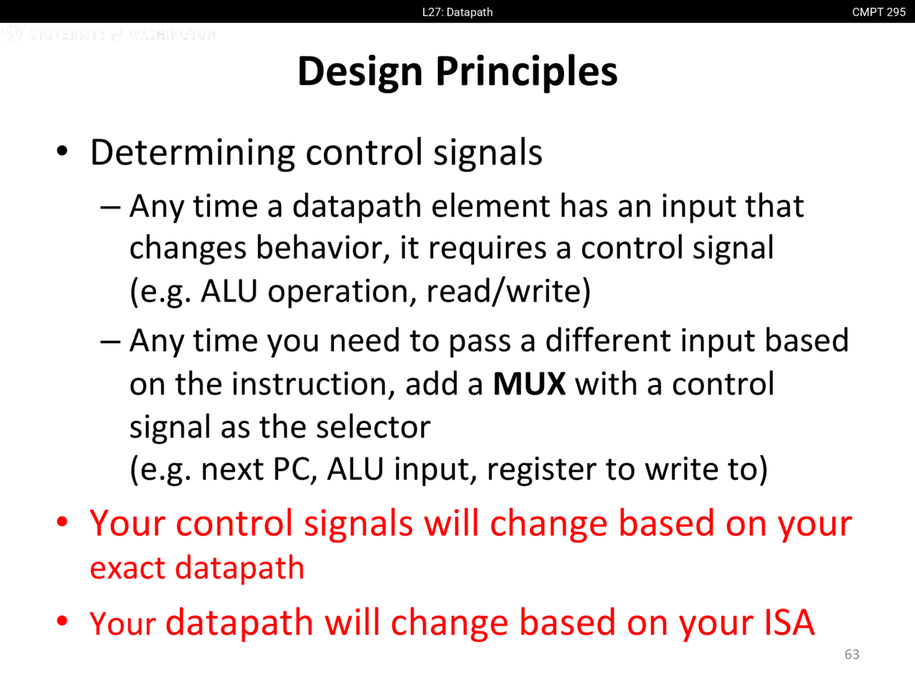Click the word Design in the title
pyautogui.click(x=360, y=73)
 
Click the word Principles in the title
pyautogui.click(x=527, y=73)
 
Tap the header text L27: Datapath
pyautogui.click(x=457, y=12)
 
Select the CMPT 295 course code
pyautogui.click(x=879, y=12)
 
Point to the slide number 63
pyautogui.click(x=851, y=655)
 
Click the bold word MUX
pyautogui.click(x=529, y=384)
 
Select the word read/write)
pyautogui.click(x=508, y=291)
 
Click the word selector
pyautogui.click(x=373, y=428)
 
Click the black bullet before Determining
pyautogui.click(x=61, y=150)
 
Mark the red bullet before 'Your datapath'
pyautogui.click(x=61, y=621)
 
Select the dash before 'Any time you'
pyautogui.click(x=111, y=342)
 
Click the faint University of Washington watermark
pyautogui.click(x=109, y=34)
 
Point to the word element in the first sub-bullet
pyautogui.click(x=490, y=207)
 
